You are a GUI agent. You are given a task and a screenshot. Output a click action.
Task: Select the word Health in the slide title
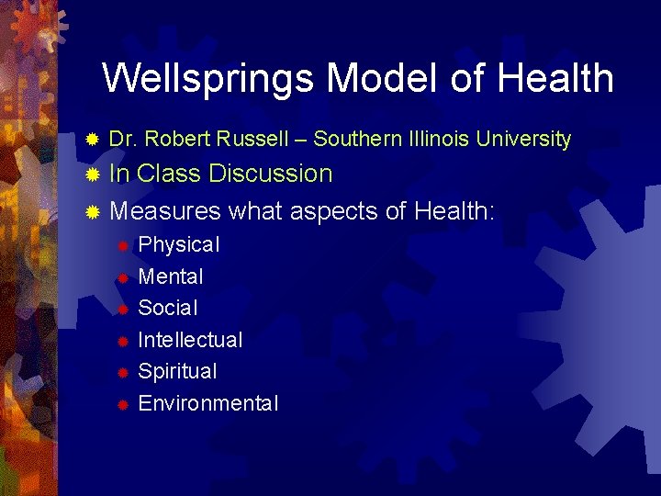click(556, 79)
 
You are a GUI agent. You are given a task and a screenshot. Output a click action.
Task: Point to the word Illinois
click(432, 140)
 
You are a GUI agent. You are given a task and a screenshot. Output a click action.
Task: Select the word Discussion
click(271, 174)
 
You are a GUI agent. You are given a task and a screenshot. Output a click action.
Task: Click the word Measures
click(165, 211)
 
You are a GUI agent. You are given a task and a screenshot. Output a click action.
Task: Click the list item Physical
click(178, 245)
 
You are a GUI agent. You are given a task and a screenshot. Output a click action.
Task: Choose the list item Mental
click(170, 276)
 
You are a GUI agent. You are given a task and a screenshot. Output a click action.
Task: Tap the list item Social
click(167, 308)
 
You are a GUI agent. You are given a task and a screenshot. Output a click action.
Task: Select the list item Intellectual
click(190, 340)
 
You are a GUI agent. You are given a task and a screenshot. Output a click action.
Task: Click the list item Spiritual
click(177, 372)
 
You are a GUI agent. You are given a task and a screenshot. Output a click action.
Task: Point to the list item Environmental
click(207, 403)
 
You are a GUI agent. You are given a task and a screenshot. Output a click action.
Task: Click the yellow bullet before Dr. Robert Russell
click(91, 141)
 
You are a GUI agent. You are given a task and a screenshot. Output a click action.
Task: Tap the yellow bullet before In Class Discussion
click(91, 175)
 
